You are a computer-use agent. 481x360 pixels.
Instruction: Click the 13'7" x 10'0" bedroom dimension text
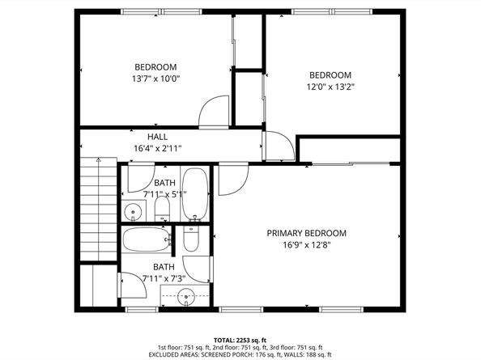156,79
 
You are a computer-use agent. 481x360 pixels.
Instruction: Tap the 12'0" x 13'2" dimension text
330,87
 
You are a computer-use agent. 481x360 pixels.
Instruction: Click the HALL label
158,137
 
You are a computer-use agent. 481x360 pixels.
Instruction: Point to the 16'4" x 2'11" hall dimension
158,148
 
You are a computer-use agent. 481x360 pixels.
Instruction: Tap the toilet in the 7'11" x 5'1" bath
161,210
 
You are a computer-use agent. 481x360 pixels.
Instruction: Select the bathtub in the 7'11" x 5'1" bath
194,193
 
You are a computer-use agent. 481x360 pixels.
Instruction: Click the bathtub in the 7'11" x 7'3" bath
147,239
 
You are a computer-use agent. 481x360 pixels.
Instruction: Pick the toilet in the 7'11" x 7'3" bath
191,237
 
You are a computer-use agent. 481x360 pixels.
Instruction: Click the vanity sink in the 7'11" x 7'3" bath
186,296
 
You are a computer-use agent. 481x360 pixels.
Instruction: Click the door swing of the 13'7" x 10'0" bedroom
215,111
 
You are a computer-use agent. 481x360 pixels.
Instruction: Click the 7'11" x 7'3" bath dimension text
164,278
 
